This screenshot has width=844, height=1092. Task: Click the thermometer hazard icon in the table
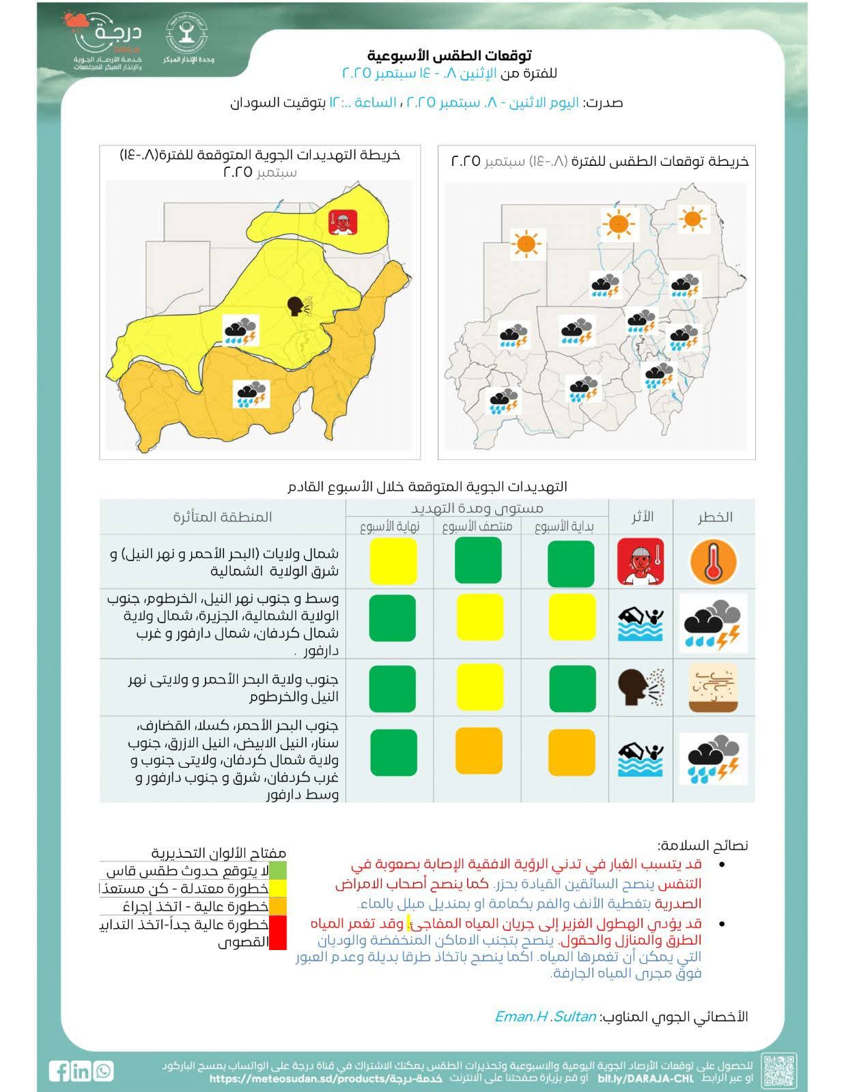713,562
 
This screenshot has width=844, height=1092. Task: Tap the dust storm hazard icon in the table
713,688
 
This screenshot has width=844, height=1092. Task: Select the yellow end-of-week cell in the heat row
393,562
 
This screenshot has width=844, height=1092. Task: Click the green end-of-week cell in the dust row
393,689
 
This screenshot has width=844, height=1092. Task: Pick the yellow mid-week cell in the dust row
479,689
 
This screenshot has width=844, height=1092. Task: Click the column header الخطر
714,517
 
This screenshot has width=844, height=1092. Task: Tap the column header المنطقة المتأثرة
223,517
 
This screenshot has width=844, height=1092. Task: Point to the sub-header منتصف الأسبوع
477,526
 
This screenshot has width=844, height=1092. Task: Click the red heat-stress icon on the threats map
343,222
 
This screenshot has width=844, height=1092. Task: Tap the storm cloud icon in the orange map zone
252,394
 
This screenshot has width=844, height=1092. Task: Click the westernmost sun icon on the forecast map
527,243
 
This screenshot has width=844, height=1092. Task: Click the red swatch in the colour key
277,932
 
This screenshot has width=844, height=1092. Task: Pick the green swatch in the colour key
277,870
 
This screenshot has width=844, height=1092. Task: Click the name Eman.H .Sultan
545,1016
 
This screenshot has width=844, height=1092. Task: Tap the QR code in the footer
778,1070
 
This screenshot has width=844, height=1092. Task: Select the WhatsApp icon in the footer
104,1070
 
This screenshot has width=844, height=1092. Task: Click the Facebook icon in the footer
59,1070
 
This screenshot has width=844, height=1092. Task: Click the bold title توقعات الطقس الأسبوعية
449,55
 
